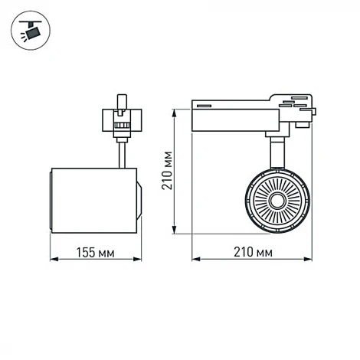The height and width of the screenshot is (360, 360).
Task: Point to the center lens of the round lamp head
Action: click(x=276, y=200)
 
